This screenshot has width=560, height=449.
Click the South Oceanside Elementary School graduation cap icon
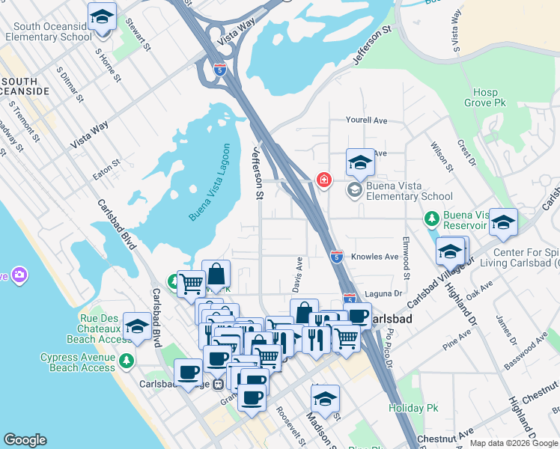click(102, 17)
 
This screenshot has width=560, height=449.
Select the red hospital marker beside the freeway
click(324, 180)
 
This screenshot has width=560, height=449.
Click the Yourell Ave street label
click(366, 120)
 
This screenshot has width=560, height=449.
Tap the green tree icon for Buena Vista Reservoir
click(431, 219)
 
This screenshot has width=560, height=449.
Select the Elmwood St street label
click(405, 254)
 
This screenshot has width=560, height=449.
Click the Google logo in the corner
click(25, 440)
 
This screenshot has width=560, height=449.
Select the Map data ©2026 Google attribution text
click(514, 443)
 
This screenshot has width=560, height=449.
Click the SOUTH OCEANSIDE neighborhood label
click(25, 85)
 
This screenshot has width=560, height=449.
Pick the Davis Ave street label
click(299, 275)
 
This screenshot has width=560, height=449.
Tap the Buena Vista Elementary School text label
click(410, 197)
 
